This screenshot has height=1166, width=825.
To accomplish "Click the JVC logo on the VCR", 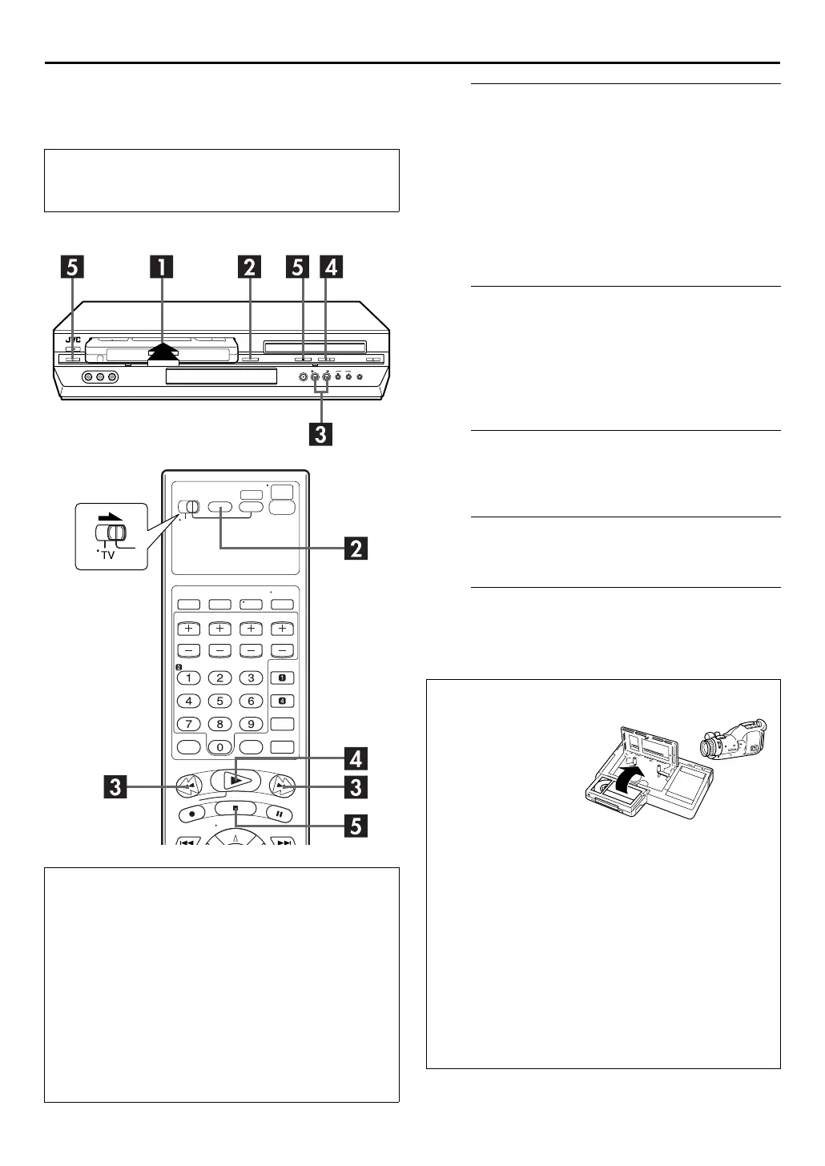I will [74, 340].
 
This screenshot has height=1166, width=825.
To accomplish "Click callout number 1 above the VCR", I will [163, 266].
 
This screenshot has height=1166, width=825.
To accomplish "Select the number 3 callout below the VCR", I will [320, 434].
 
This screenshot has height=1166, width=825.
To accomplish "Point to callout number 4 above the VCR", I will [330, 266].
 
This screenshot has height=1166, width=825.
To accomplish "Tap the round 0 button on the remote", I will [219, 747].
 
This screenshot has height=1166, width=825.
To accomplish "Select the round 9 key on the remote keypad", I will [251, 724].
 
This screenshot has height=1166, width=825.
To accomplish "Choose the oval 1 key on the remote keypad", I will [188, 677].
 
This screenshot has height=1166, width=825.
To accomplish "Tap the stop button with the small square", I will [235, 809].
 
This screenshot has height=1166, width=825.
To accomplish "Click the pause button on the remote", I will [280, 813].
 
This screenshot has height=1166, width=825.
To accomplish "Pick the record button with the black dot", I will [191, 813].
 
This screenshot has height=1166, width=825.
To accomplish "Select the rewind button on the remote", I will [187, 786].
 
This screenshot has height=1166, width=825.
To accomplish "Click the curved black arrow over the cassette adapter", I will [626, 778].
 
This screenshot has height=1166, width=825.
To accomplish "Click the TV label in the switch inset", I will [107, 554].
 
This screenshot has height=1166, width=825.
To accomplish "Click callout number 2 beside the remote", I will [356, 549].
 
